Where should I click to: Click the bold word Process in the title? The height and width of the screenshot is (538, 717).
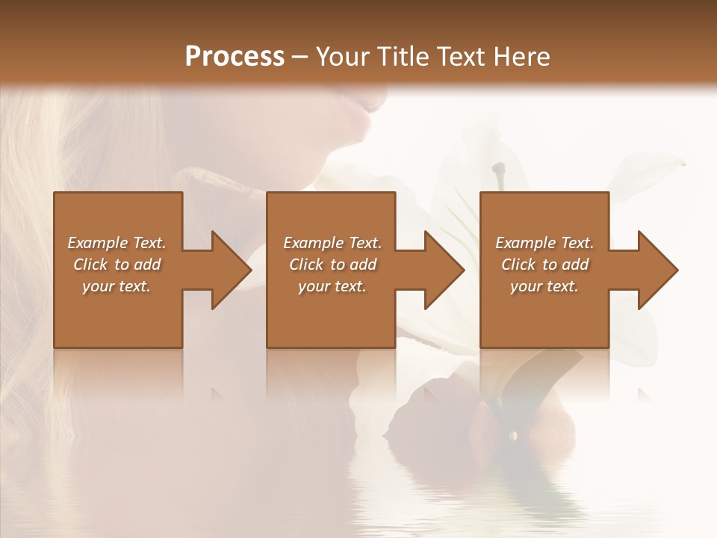pos(235,56)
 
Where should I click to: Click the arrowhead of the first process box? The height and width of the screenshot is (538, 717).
pos(232,270)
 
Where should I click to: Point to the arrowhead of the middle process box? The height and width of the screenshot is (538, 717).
pos(445,270)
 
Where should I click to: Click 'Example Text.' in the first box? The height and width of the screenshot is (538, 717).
pos(117,243)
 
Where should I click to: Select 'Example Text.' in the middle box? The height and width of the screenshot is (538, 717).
pos(332,243)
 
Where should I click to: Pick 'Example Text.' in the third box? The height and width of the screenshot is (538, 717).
pos(544,243)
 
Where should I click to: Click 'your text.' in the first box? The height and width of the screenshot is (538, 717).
pos(117,286)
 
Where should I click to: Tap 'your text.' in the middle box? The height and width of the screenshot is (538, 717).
pos(332,286)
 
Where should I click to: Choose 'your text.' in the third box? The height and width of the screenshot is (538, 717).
pos(544,286)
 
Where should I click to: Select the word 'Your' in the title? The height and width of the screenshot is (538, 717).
pos(343,56)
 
